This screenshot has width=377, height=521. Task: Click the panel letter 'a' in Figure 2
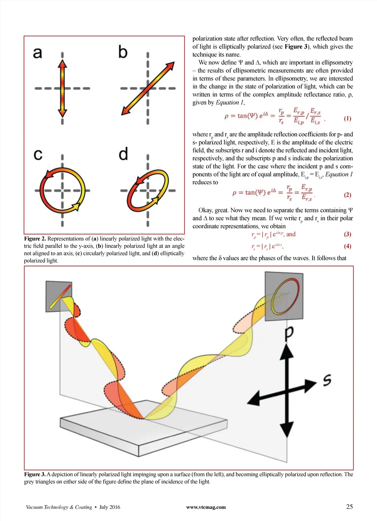tap(38, 53)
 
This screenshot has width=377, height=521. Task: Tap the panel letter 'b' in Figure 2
tap(123, 52)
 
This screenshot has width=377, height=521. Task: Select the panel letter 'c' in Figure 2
tap(38, 154)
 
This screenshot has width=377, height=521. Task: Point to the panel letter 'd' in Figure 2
tap(123, 154)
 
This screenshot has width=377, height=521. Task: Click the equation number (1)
tap(348, 119)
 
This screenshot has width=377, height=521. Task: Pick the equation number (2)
tap(348, 195)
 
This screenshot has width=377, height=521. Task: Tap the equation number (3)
tap(348, 234)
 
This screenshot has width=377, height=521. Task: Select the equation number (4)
tap(348, 246)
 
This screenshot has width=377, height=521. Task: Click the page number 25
tap(349, 507)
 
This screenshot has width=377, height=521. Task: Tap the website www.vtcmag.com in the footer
tap(206, 507)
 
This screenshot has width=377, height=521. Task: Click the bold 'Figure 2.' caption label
tap(35, 239)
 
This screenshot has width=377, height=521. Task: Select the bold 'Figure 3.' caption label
tap(35, 474)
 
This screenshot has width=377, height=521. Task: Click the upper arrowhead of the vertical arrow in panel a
tap(62, 64)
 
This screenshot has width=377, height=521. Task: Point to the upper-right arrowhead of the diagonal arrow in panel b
tap(170, 66)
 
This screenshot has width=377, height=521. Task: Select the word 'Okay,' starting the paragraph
tap(206, 210)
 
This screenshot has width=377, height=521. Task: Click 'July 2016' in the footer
tap(110, 507)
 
